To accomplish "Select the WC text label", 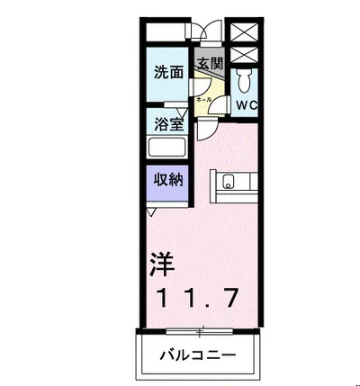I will tap(247, 104).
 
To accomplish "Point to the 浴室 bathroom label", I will tap(168, 123).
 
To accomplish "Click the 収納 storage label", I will tap(168, 179).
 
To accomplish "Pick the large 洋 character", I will tap(161, 265).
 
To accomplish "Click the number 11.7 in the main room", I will tap(201, 298).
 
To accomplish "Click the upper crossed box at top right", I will tap(244, 31).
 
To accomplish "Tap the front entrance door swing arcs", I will tap(209, 31).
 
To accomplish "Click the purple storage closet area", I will tap(167, 185).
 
